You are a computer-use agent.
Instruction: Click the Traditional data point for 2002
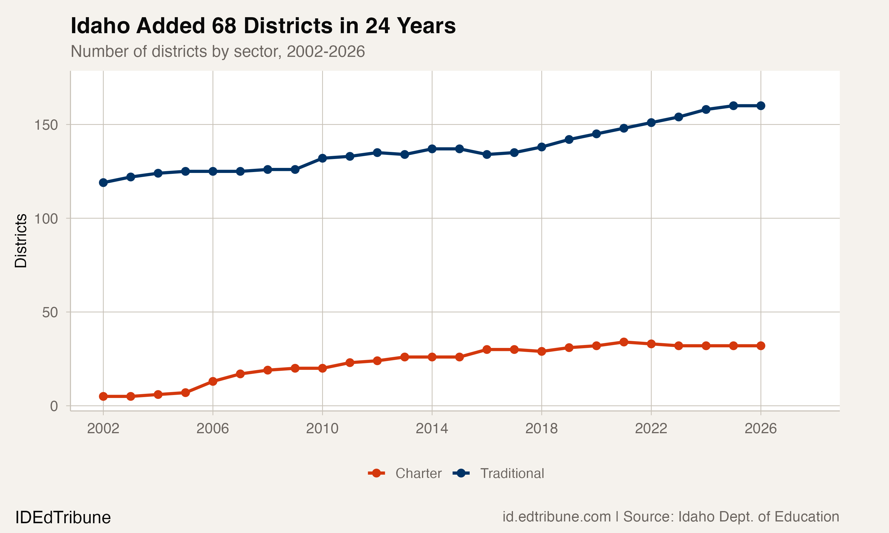(x=103, y=182)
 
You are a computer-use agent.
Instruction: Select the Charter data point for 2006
(x=213, y=381)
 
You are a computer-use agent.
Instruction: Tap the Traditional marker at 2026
(x=761, y=106)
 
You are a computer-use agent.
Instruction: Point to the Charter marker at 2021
(x=624, y=342)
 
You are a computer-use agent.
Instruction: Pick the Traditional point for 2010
(x=322, y=158)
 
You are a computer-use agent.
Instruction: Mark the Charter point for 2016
(x=487, y=349)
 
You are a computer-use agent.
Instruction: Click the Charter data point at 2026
(x=761, y=346)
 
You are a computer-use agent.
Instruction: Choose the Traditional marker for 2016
(x=487, y=155)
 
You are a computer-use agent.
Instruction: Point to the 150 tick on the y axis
(x=46, y=125)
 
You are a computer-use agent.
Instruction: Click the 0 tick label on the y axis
(x=54, y=406)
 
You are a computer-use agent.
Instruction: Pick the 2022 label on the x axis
(x=651, y=428)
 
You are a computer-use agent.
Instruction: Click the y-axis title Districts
(x=21, y=241)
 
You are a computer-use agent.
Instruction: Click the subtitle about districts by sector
(x=218, y=51)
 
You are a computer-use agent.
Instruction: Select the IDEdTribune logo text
(x=63, y=518)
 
